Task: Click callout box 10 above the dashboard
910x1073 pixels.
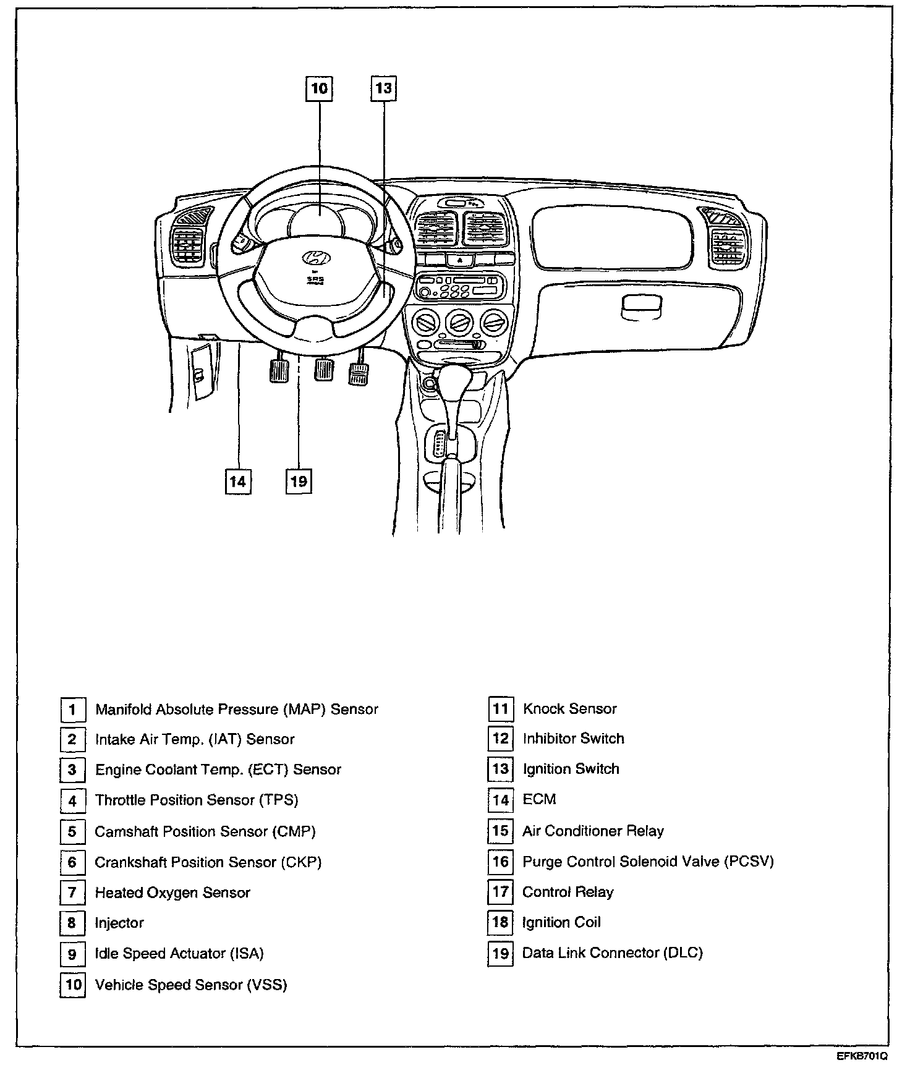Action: tap(319, 88)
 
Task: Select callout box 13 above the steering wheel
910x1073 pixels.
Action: tap(383, 88)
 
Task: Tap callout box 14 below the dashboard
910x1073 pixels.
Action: tap(238, 481)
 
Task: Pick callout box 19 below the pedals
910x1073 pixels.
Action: tap(299, 481)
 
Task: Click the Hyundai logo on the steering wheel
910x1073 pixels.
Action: tap(317, 258)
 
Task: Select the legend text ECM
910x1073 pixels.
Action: tap(539, 799)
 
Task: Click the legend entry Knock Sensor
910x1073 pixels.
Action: tap(569, 709)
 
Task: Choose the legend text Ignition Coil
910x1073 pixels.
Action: tap(561, 922)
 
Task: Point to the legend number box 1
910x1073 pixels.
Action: tap(72, 710)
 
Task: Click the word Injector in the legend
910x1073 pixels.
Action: tap(119, 923)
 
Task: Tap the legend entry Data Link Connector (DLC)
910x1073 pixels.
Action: tap(612, 953)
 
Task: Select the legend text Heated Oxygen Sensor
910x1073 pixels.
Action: tap(172, 893)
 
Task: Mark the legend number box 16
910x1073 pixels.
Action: tap(500, 862)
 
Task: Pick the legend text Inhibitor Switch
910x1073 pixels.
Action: tap(573, 739)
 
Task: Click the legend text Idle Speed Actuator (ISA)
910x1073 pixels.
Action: tap(179, 954)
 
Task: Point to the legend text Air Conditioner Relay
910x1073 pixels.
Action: tap(593, 831)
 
